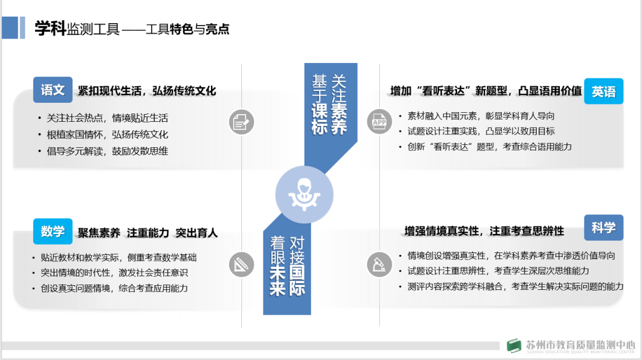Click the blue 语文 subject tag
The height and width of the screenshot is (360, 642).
click(x=52, y=90)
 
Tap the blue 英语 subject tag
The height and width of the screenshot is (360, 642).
click(x=603, y=91)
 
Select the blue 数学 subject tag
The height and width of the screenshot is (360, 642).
click(x=52, y=231)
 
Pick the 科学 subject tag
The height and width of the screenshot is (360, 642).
click(x=603, y=228)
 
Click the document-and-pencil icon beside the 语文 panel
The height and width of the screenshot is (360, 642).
click(x=241, y=122)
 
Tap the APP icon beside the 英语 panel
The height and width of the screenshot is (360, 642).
click(x=379, y=122)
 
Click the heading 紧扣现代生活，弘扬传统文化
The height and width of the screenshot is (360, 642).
click(x=147, y=91)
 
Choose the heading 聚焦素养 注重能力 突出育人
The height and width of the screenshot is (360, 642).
click(x=147, y=233)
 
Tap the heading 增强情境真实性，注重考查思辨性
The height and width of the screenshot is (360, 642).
click(x=484, y=230)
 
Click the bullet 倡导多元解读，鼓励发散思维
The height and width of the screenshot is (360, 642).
click(x=107, y=151)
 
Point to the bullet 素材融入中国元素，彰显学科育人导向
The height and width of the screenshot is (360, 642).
click(x=480, y=116)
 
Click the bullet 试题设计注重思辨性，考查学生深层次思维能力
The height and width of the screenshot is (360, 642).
click(x=498, y=271)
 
